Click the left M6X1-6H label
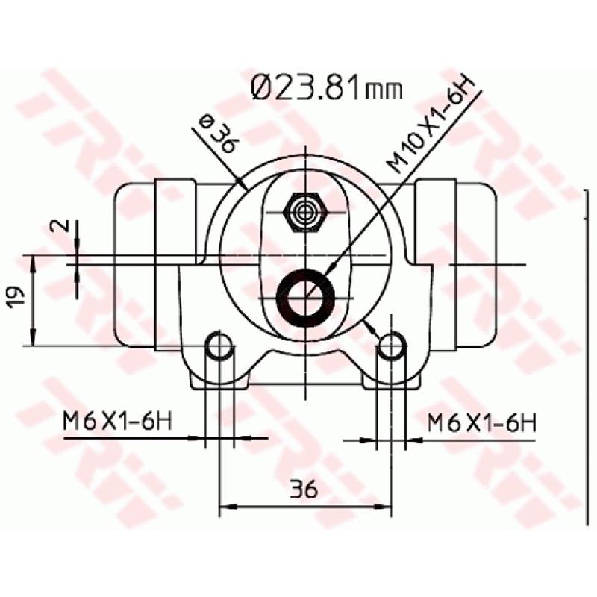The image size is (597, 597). pos(117,422)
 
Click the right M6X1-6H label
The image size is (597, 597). pos(482,422)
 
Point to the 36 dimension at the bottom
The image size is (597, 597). pos(304,490)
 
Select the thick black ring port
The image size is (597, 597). pos(304,296)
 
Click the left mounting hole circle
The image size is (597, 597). pos(219,346)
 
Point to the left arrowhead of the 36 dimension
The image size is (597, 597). pos(225,507)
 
